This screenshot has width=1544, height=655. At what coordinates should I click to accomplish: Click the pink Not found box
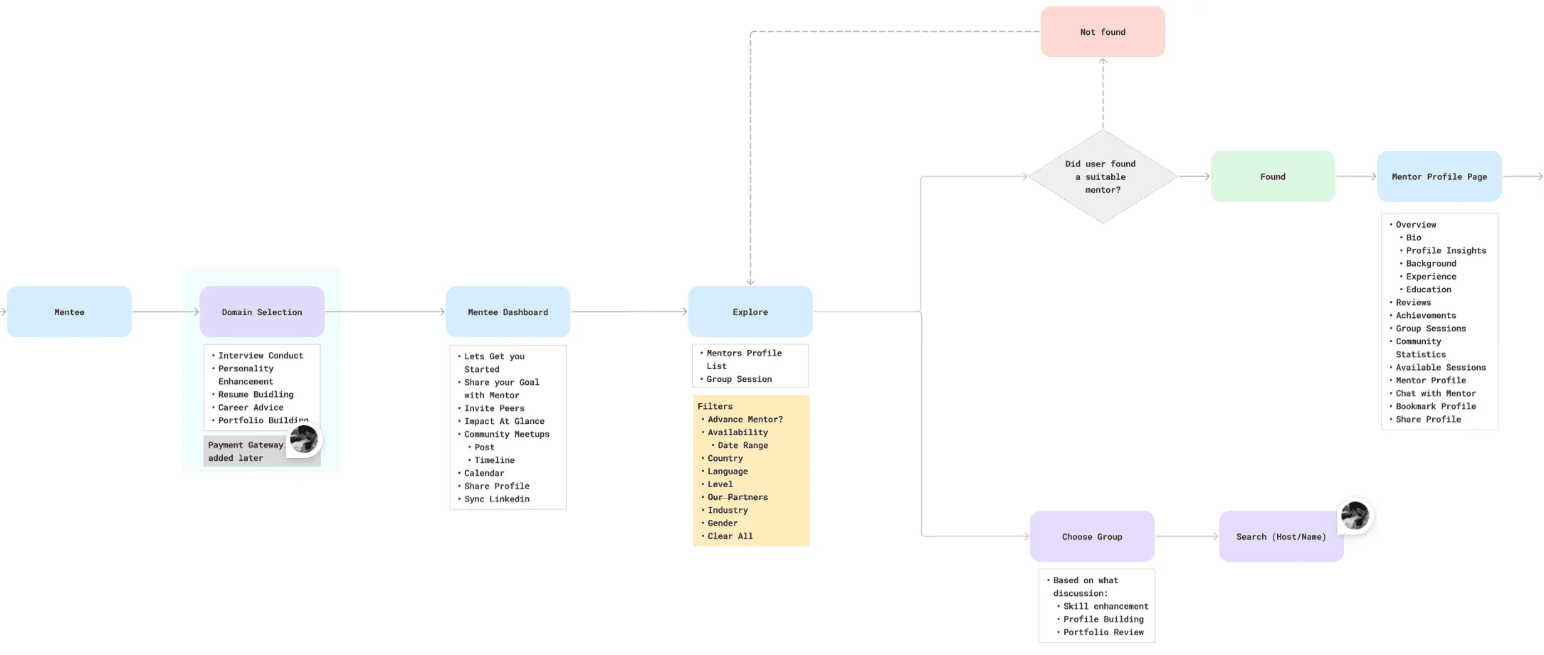click(x=1102, y=32)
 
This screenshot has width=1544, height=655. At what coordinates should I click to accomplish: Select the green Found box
click(x=1272, y=176)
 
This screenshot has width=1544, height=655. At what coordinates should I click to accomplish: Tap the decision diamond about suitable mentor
click(x=1102, y=176)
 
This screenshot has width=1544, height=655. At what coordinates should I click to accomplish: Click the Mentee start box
click(x=69, y=312)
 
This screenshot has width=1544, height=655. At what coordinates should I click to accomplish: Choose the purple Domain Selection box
click(x=261, y=312)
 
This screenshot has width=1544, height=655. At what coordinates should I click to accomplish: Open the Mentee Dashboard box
click(x=508, y=312)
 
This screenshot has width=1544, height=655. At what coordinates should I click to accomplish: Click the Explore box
click(x=750, y=312)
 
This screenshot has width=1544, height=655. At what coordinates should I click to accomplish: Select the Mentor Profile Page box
click(x=1439, y=176)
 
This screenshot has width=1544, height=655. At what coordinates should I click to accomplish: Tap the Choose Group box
click(x=1091, y=537)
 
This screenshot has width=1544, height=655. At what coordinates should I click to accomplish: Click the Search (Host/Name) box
click(x=1280, y=537)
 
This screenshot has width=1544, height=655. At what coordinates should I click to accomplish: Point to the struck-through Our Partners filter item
click(x=737, y=497)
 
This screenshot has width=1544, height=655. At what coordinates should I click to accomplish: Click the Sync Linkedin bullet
click(x=496, y=499)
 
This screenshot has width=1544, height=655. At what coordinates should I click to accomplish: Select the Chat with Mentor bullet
click(x=1435, y=393)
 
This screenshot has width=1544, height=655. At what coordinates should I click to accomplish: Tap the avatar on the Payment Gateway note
click(x=304, y=440)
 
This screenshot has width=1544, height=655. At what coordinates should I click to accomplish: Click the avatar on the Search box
click(x=1354, y=516)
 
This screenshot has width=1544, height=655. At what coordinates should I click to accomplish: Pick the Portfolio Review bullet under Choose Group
click(x=1103, y=632)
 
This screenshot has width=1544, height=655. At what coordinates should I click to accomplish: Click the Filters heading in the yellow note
click(x=715, y=407)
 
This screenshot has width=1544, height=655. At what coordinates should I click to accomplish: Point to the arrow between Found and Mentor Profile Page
click(x=1355, y=176)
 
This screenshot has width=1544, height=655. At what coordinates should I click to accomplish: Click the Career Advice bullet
click(x=251, y=408)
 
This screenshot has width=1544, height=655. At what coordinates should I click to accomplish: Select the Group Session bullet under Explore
click(x=738, y=379)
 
